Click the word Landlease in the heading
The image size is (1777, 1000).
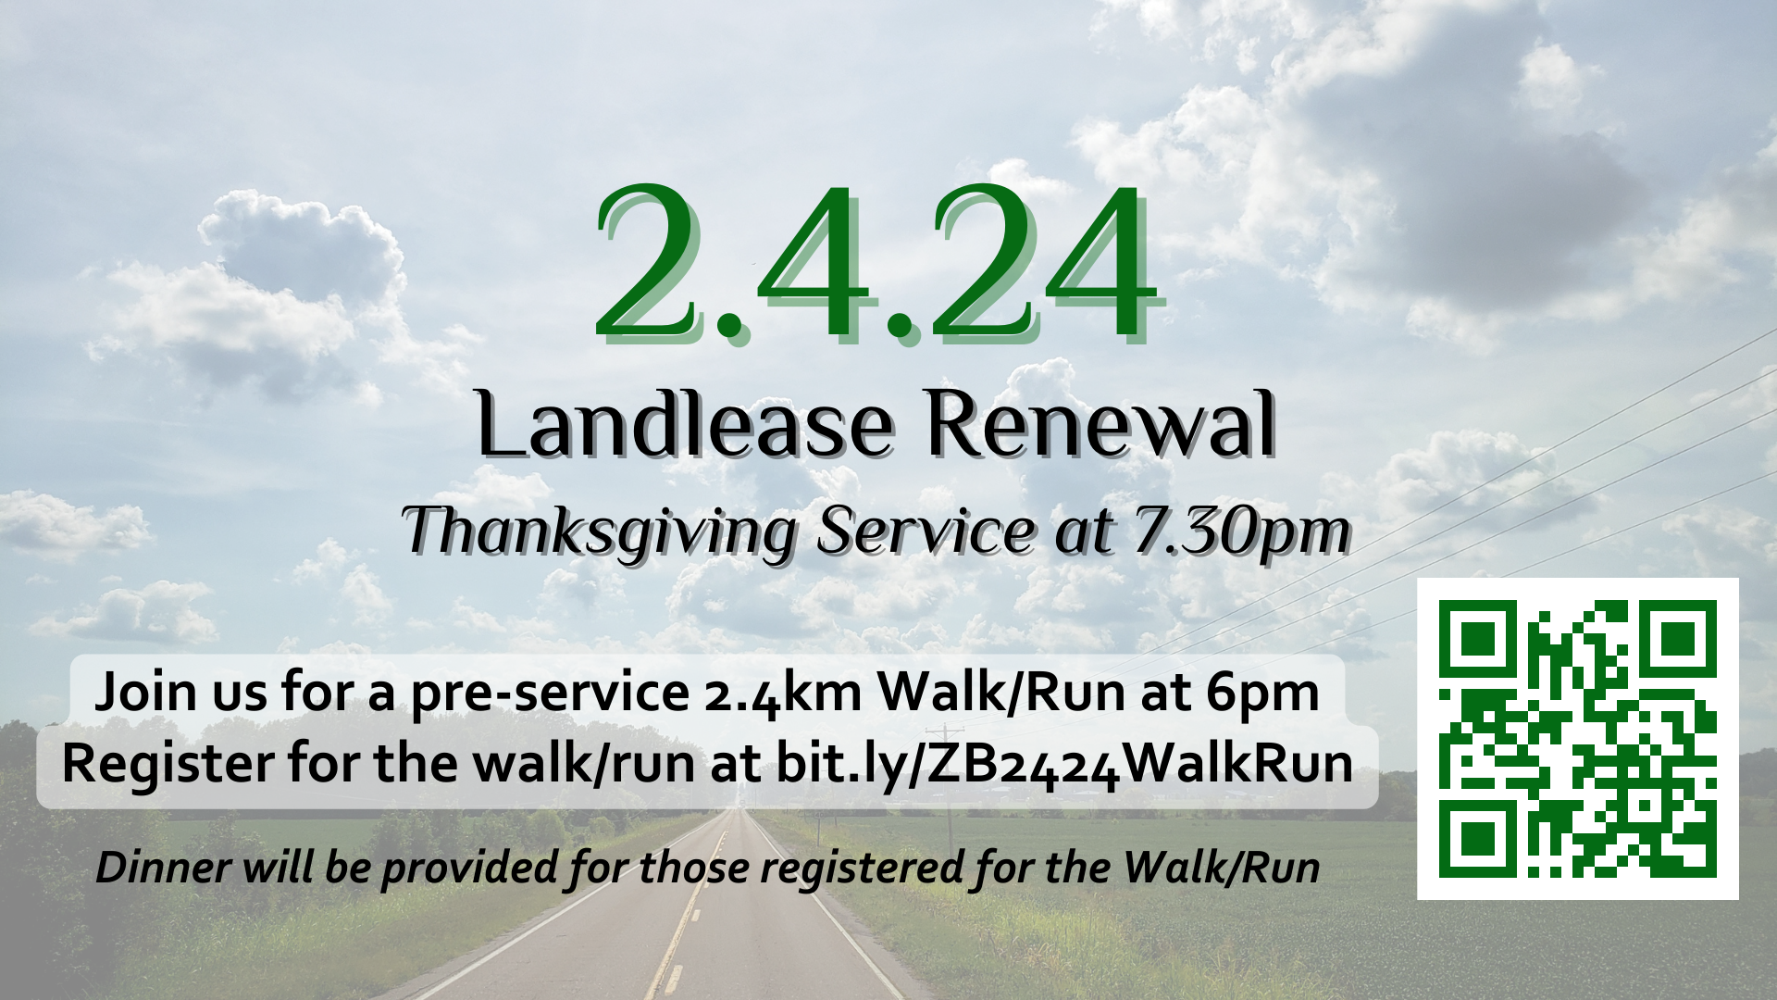coord(686,424)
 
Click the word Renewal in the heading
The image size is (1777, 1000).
coord(1102,424)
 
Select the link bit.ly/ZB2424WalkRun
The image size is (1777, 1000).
coord(1064,765)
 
